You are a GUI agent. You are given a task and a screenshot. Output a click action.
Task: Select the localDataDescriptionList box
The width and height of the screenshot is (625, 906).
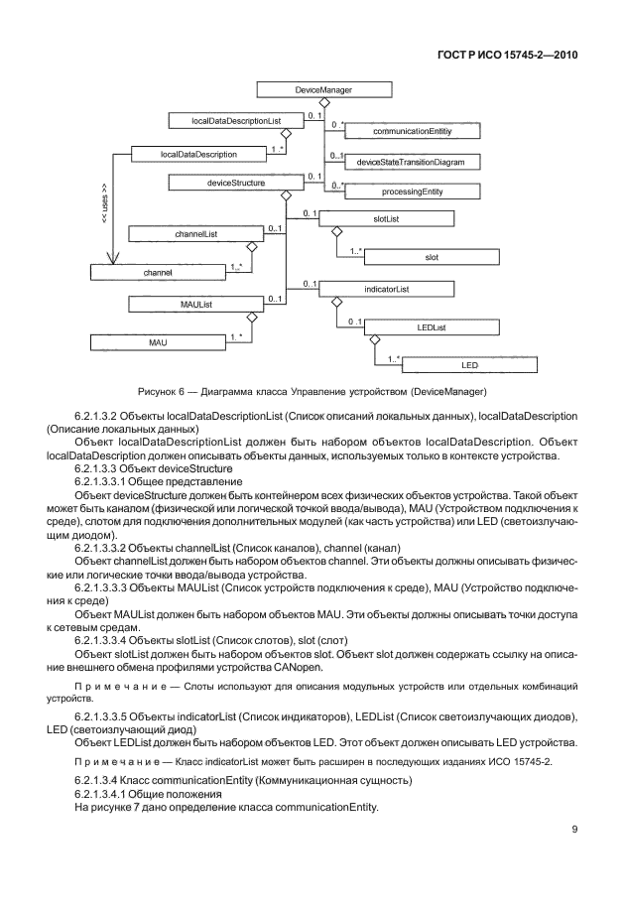pyautogui.click(x=236, y=120)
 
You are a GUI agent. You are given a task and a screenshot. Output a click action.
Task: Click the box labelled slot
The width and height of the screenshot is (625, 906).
pyautogui.click(x=431, y=256)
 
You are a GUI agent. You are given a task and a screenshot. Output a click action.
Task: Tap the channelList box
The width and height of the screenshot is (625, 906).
pyautogui.click(x=188, y=234)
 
